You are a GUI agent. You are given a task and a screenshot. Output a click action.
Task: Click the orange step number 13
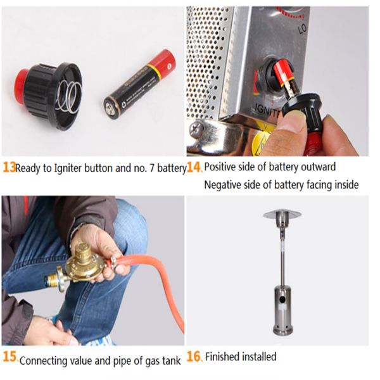tap(9, 168)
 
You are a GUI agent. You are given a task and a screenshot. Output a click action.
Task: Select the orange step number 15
tap(9, 357)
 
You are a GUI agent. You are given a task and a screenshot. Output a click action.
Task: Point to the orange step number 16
tap(194, 357)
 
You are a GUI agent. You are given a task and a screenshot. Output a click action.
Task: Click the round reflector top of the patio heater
tap(282, 215)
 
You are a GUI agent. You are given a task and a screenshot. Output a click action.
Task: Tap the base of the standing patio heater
tap(282, 330)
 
